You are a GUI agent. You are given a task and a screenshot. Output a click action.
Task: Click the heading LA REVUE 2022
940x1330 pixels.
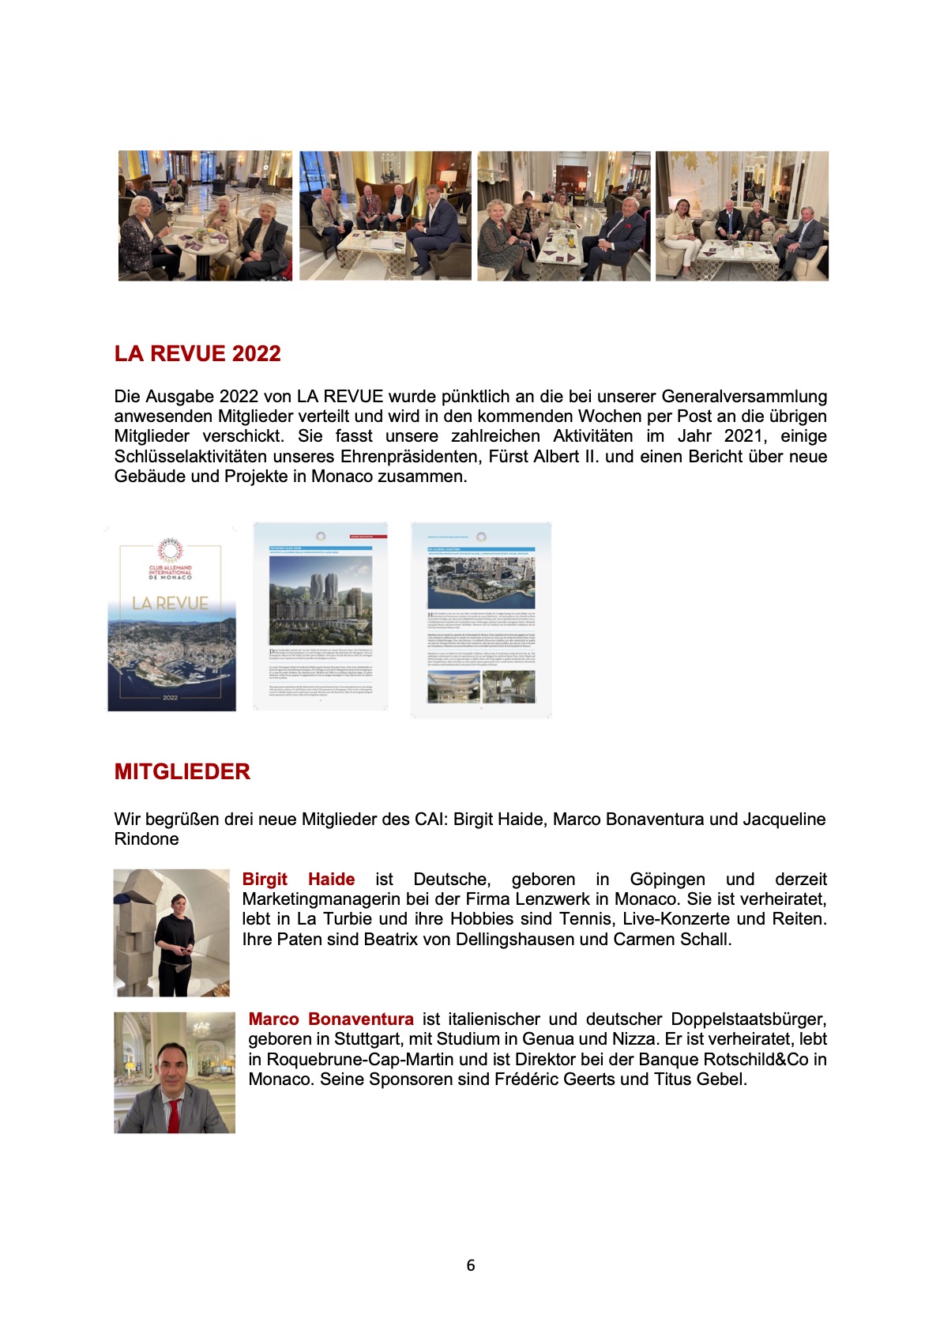(x=197, y=353)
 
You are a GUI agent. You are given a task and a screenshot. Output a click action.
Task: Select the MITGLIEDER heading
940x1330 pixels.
(x=182, y=771)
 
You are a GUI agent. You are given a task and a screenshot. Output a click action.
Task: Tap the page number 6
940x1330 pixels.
(x=471, y=1265)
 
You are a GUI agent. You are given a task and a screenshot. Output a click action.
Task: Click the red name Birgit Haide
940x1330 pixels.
(x=298, y=879)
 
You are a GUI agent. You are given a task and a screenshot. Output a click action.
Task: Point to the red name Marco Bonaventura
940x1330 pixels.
(x=330, y=1019)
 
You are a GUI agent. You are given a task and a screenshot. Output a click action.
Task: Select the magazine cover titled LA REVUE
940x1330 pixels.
(x=171, y=617)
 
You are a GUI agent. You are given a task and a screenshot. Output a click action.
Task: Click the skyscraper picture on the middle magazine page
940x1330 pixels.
(x=320, y=601)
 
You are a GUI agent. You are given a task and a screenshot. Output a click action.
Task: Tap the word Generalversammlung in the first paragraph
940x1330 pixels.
(x=744, y=396)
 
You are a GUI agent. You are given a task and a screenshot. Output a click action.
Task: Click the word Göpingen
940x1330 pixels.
(x=667, y=879)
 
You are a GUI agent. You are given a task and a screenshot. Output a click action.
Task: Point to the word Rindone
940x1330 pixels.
(x=146, y=838)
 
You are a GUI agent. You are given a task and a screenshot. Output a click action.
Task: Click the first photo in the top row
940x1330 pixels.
(x=205, y=216)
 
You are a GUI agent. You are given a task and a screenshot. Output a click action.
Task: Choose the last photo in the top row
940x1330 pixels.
(x=742, y=216)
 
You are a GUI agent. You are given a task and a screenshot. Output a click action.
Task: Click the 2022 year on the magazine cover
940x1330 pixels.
(x=170, y=697)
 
